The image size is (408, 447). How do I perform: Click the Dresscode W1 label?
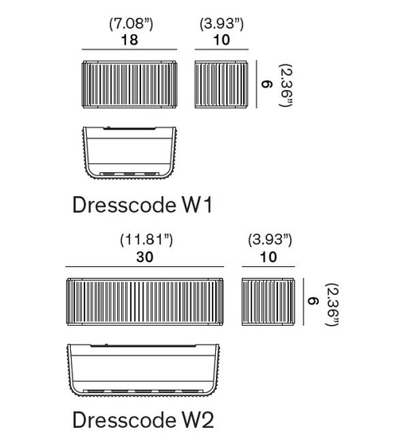(x=143, y=205)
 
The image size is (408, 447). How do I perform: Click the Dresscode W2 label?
(x=143, y=420)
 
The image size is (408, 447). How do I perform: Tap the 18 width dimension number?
(x=130, y=40)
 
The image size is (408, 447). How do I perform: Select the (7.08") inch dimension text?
(x=131, y=24)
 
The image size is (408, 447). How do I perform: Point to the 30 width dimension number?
(x=144, y=257)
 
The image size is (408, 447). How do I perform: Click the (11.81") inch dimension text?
(x=147, y=240)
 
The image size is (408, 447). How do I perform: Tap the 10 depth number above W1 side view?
(x=222, y=40)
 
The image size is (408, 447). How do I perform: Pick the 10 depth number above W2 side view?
(x=269, y=257)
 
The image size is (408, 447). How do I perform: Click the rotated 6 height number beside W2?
(x=312, y=301)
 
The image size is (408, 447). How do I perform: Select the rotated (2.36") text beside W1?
(x=286, y=85)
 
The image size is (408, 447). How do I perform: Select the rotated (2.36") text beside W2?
(x=331, y=304)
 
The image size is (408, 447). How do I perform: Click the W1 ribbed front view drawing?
(x=130, y=84)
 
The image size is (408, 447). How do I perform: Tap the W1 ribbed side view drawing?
(x=222, y=84)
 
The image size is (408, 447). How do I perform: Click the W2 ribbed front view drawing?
(x=145, y=302)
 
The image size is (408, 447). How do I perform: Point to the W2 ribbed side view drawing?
(x=268, y=302)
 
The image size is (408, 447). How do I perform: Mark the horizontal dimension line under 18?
(x=129, y=49)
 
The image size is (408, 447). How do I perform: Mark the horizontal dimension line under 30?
(x=145, y=267)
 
